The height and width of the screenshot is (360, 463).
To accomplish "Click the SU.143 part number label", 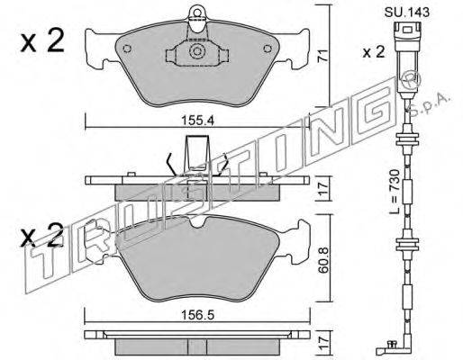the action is click(x=407, y=13).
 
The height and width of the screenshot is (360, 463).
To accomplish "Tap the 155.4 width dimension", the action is click(x=197, y=121).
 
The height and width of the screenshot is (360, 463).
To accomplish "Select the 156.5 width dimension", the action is click(x=197, y=315).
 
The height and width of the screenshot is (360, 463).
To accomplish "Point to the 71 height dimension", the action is click(x=322, y=56).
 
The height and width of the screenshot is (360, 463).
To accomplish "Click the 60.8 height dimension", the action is click(x=323, y=260).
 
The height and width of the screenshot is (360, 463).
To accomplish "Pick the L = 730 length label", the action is click(x=394, y=192).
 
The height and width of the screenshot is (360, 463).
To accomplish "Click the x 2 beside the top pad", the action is click(x=42, y=41).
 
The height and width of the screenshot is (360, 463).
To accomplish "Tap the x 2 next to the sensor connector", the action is click(x=373, y=52).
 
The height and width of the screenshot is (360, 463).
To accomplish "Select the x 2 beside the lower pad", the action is click(x=42, y=236).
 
